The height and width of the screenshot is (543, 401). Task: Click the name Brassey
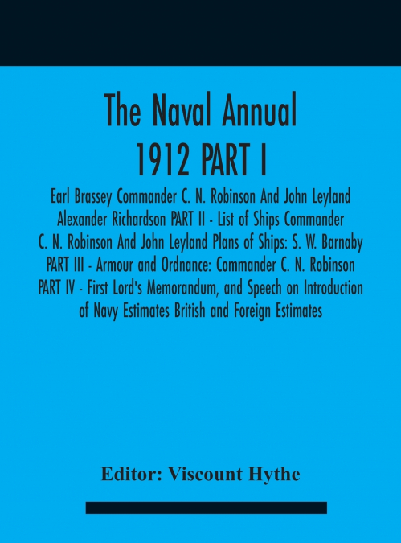tap(92, 199)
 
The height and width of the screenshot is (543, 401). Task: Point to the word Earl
tap(55, 199)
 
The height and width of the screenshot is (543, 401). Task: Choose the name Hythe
tap(274, 475)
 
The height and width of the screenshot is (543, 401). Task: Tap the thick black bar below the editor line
tap(206, 508)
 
